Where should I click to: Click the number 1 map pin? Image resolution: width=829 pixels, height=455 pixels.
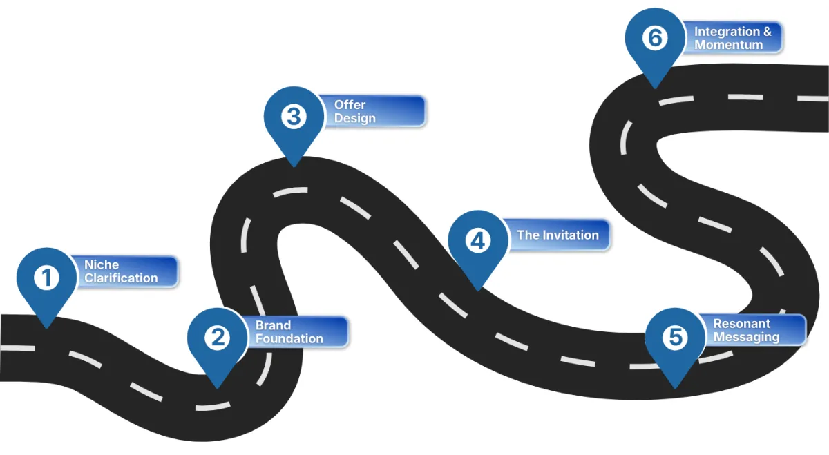[x=46, y=279]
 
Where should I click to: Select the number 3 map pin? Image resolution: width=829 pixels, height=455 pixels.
[x=294, y=117]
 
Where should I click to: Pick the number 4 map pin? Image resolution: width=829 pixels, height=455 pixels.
[x=477, y=242]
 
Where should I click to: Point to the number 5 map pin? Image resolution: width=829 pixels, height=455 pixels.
[x=675, y=338]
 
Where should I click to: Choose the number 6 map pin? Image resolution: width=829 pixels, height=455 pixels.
[x=654, y=39]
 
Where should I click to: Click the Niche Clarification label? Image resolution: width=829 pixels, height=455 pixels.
[x=124, y=271]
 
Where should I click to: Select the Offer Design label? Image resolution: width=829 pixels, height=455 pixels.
[x=373, y=111]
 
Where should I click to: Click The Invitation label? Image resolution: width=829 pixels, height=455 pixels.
[x=556, y=235]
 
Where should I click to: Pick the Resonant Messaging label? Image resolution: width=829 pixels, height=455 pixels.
[x=753, y=330]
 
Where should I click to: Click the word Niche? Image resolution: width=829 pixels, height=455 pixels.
[x=102, y=265]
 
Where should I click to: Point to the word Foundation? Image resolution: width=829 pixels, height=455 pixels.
[x=289, y=339]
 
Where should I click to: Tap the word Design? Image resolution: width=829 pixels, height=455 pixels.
[x=355, y=118]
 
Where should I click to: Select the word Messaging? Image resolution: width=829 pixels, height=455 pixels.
[x=746, y=337]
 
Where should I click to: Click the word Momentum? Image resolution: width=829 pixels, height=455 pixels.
[x=728, y=45]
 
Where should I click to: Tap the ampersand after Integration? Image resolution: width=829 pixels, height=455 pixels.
[x=768, y=32]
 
